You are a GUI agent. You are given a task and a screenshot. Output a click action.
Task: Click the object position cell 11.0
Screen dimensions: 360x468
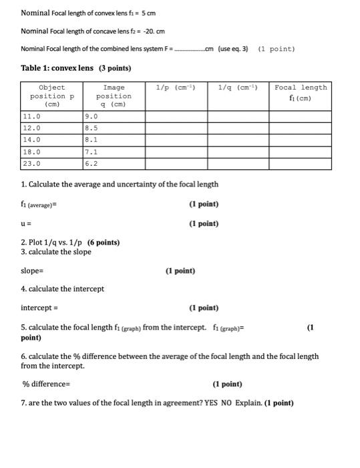click(x=31, y=116)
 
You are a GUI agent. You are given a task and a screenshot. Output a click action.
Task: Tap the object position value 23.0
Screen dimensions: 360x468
click(x=31, y=163)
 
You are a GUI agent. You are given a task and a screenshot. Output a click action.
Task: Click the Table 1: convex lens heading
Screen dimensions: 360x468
click(x=76, y=69)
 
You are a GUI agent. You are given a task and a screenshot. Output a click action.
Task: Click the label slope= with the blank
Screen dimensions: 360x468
click(x=32, y=271)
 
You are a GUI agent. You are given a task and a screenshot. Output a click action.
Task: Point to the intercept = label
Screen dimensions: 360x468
click(x=39, y=308)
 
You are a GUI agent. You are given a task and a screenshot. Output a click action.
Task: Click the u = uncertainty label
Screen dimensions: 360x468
click(x=27, y=223)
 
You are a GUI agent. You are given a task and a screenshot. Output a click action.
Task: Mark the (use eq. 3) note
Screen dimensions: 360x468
click(x=233, y=49)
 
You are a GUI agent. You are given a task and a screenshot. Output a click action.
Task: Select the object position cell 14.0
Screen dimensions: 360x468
click(x=31, y=140)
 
